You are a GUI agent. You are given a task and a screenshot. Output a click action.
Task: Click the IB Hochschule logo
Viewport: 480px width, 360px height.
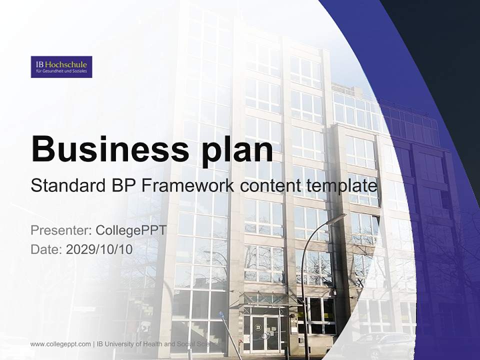[x=61, y=67]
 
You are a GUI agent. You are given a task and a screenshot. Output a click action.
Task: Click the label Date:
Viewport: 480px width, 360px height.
[x=46, y=249]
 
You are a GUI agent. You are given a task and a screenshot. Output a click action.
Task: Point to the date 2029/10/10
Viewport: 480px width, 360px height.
[x=99, y=249]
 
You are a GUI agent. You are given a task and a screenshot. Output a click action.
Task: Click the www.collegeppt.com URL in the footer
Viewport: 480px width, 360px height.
[x=60, y=344]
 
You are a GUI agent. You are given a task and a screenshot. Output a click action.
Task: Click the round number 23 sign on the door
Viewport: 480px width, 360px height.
[x=258, y=327]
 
